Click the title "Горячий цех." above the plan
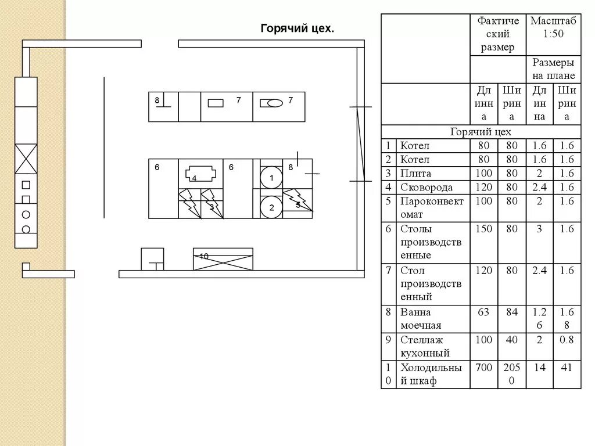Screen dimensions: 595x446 pyautogui.click(x=297, y=28)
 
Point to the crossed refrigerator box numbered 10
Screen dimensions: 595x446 pyautogui.click(x=223, y=259)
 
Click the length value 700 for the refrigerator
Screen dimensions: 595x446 pyautogui.click(x=484, y=368)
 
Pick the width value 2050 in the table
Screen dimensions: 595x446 pyautogui.click(x=511, y=374)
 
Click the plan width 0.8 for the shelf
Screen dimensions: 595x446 pyautogui.click(x=567, y=340)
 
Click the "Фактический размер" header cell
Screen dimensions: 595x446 pyautogui.click(x=498, y=34)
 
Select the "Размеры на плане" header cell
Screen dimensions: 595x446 pyautogui.click(x=553, y=69)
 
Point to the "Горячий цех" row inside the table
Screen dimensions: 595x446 pyautogui.click(x=481, y=132)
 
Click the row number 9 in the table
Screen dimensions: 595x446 pyautogui.click(x=388, y=340)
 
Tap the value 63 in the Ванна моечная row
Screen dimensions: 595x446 pyautogui.click(x=483, y=312)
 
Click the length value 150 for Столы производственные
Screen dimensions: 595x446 pyautogui.click(x=484, y=229)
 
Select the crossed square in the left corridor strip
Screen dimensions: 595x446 pyautogui.click(x=26, y=159)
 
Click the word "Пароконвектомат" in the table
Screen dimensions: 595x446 pyautogui.click(x=432, y=208)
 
